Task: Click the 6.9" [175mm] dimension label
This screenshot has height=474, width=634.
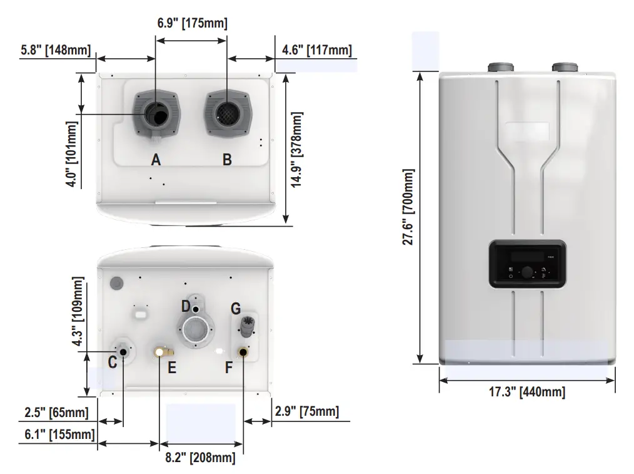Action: point(191,23)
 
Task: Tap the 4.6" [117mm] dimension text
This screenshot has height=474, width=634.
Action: point(316,49)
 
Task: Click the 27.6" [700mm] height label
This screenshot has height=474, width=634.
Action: point(408,206)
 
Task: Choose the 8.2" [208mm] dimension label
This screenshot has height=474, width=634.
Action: point(200,458)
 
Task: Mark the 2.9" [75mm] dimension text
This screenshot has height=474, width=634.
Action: point(307,411)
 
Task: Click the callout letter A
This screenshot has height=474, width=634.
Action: point(156,160)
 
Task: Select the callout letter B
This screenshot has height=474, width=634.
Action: point(227,160)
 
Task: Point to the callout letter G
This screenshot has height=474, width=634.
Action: point(235,308)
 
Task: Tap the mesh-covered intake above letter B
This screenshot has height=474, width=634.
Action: point(226,113)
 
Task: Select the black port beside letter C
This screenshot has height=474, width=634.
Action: point(123,352)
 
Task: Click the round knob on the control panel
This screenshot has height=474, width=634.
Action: point(527,271)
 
